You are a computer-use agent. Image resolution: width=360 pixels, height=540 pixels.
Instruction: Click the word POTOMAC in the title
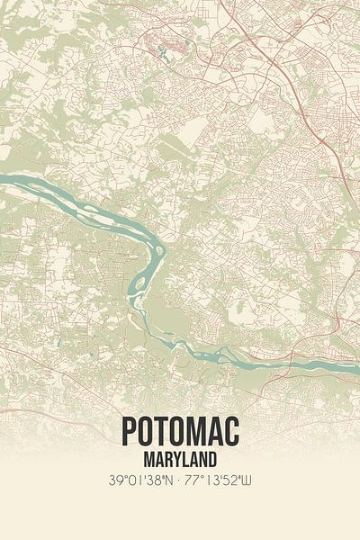180,431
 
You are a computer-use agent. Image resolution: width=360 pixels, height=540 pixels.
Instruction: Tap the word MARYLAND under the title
180,459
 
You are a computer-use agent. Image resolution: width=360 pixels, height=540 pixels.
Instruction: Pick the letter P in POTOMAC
128,431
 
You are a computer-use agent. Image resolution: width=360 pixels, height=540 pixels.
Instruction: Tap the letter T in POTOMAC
162,431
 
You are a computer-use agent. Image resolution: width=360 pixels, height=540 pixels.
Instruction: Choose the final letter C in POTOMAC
232,431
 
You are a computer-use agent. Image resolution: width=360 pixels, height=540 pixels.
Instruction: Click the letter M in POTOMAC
197,431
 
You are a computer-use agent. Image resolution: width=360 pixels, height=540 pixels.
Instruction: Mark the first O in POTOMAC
145,431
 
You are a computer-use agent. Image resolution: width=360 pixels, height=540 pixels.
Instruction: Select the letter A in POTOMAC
216,431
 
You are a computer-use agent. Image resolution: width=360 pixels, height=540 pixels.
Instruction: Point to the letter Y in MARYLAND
178,459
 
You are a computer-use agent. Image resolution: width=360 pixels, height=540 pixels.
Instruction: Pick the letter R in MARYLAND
166,459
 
